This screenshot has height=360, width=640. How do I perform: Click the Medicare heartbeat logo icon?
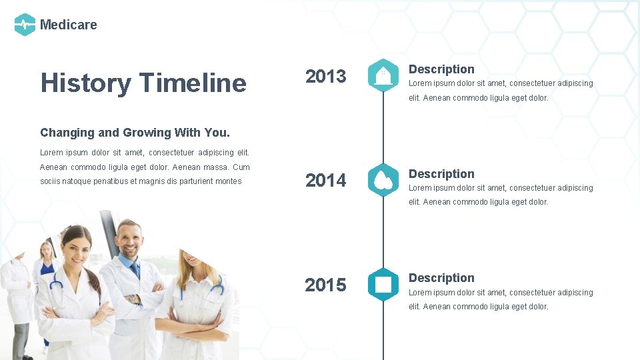click(25, 25)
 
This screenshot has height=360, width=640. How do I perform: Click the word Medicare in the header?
click(68, 25)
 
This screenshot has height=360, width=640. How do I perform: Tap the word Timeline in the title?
click(193, 83)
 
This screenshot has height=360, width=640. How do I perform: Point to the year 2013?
click(325, 76)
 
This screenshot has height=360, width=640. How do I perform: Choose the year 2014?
click(325, 180)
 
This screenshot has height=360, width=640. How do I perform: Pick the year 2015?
click(325, 285)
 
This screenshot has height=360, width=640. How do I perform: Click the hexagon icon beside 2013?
click(383, 75)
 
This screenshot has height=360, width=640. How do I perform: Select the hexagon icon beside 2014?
click(383, 180)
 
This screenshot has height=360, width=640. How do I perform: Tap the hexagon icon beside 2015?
click(383, 285)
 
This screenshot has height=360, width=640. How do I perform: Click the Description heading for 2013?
click(441, 69)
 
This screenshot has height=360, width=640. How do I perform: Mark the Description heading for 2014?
click(441, 174)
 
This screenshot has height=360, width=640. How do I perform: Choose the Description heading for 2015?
click(441, 278)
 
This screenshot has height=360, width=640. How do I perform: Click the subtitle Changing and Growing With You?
click(135, 133)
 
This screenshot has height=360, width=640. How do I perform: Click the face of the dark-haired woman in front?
click(77, 247)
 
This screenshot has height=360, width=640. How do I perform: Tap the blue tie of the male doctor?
click(135, 270)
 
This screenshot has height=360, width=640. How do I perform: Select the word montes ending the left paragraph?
click(229, 181)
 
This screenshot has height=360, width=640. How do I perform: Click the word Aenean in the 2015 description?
click(437, 307)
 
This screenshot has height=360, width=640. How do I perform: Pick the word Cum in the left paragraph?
click(241, 167)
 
